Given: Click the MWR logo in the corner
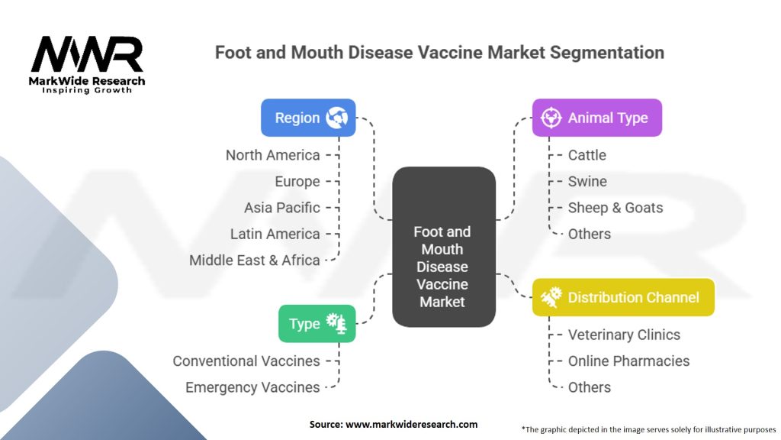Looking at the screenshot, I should [87, 63].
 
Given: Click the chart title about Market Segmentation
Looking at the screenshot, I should [439, 53].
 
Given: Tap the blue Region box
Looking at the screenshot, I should [308, 118].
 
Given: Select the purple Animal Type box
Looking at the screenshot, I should [596, 118].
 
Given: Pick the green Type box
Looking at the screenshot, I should [317, 323].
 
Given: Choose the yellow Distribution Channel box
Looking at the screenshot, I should [622, 297].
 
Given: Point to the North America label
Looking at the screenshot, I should [272, 155].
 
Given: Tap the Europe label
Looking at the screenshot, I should [297, 182].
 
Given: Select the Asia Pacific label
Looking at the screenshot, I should [281, 208].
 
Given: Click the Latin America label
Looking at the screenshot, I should [275, 234].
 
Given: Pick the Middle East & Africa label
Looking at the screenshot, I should [254, 260].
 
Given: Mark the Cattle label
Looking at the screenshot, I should [587, 155].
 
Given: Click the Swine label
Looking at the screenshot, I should [587, 182].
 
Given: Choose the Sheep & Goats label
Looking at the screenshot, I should [615, 208].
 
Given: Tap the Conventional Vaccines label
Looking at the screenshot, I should [246, 361].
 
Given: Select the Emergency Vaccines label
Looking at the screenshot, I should [252, 387].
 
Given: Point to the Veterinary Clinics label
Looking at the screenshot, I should [624, 335].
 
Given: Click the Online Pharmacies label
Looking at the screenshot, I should [628, 361].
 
